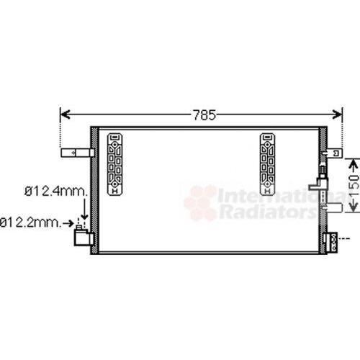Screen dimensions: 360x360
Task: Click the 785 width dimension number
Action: click(204, 115)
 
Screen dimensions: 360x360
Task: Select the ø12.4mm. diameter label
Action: click(56, 192)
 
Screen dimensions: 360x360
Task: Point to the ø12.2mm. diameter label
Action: click(30, 222)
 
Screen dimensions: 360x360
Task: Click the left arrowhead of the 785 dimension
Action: click(65, 114)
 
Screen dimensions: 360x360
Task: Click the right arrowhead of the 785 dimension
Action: click(337, 114)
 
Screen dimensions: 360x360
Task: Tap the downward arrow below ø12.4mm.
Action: click(84, 208)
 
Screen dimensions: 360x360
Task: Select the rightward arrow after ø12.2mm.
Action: click(68, 224)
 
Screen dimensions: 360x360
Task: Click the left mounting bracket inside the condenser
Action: click(114, 164)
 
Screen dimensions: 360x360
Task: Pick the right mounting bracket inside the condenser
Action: click(268, 164)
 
